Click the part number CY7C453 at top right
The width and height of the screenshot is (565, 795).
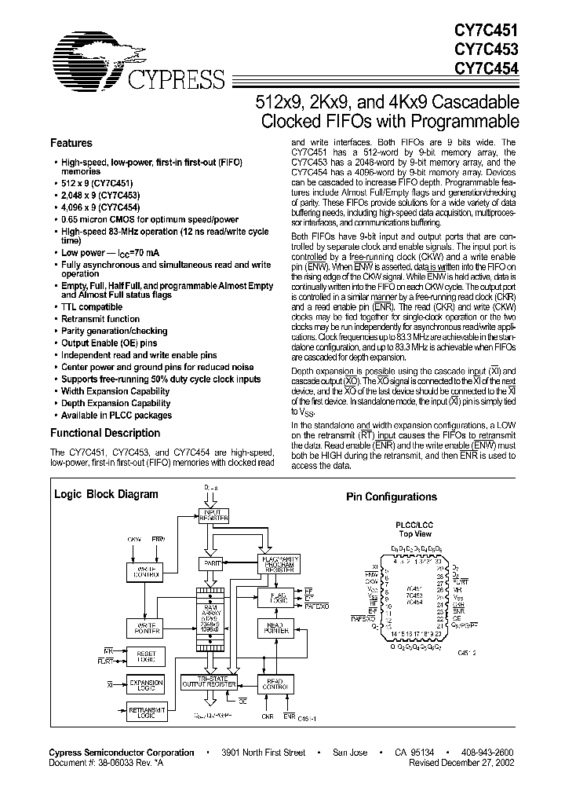(x=486, y=48)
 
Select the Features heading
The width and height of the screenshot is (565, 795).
(x=71, y=144)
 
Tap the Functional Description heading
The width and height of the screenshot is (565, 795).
(x=105, y=433)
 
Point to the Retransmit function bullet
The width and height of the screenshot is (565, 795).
(x=100, y=319)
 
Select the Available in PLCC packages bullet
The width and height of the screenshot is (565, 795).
(x=116, y=416)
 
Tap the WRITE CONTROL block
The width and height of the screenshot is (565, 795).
(x=144, y=572)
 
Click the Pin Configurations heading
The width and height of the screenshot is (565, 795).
(x=392, y=497)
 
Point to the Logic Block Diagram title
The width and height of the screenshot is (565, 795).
(x=105, y=495)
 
